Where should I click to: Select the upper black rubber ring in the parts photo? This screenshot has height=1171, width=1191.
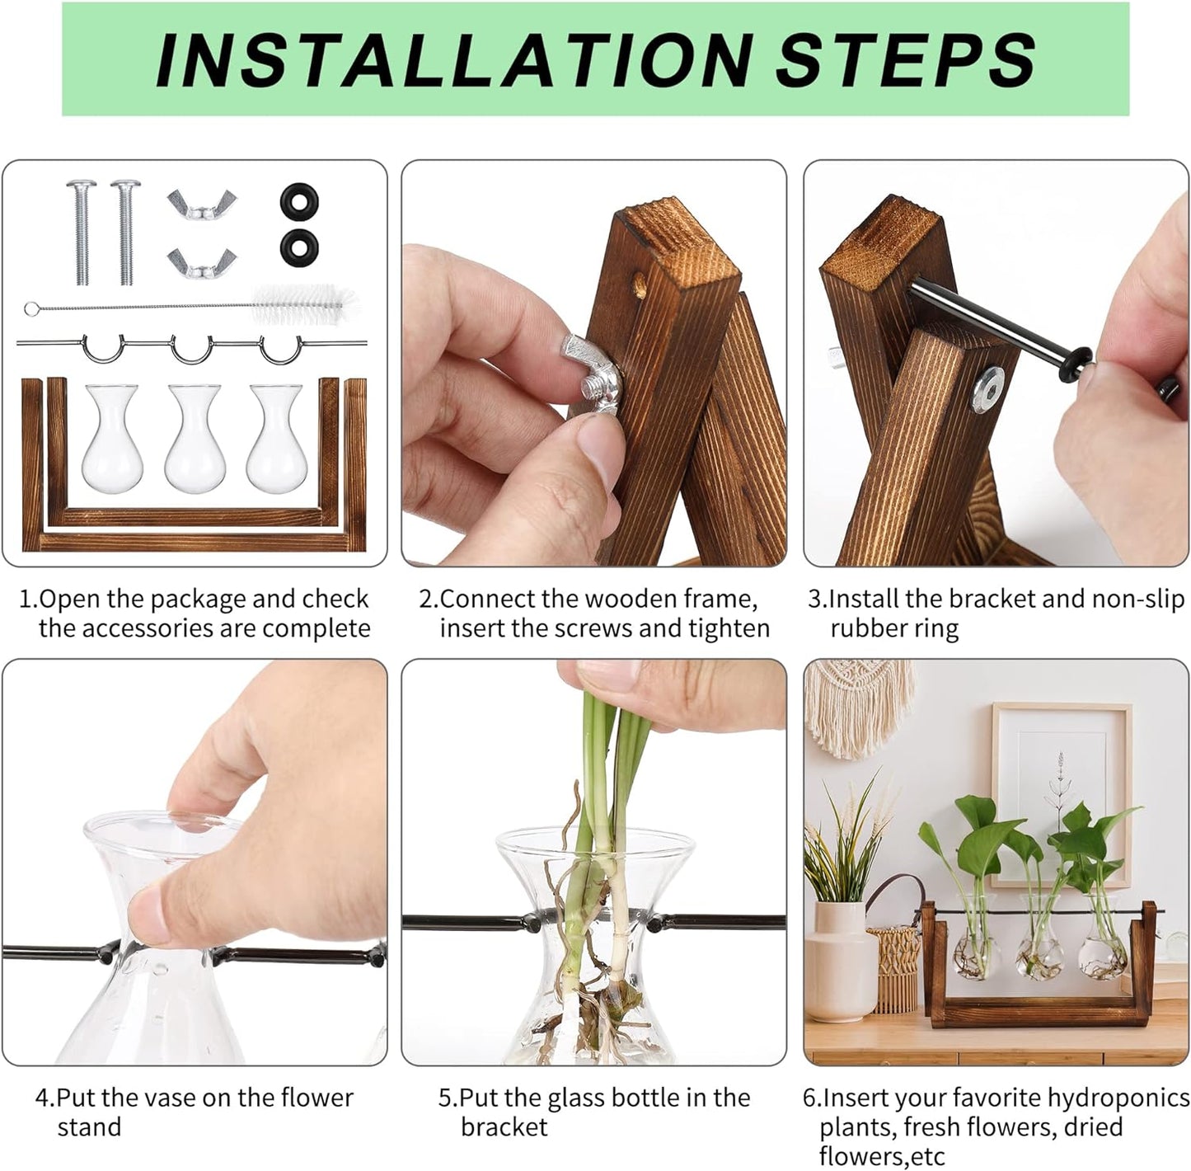tap(298, 200)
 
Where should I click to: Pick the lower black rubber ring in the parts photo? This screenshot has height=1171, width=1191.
tap(298, 247)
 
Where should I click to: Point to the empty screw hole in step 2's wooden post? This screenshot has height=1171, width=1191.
tap(639, 287)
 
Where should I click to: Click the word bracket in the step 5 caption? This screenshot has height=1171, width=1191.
tap(504, 1127)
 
